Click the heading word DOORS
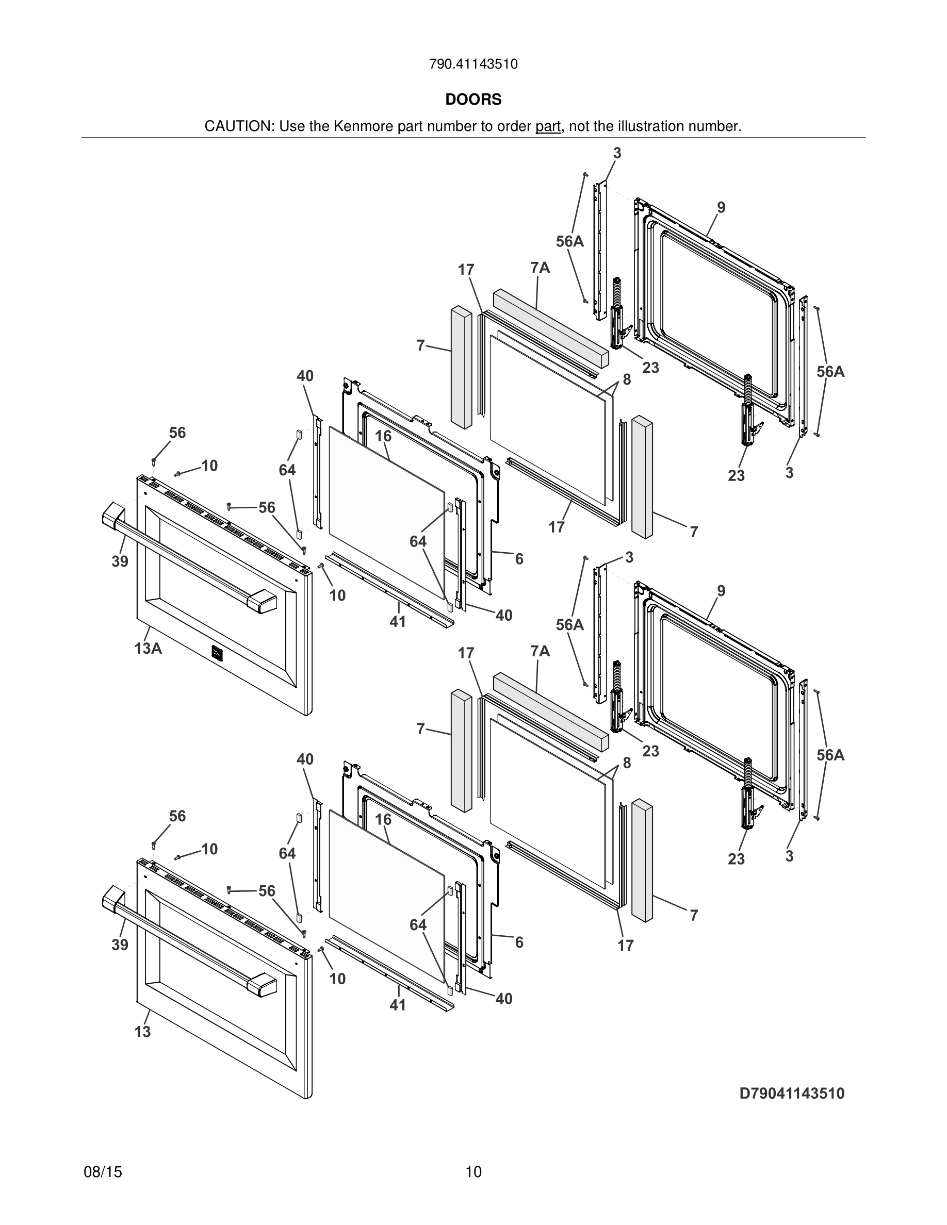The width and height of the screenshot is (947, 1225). (x=473, y=100)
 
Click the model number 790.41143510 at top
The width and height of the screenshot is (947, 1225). (x=473, y=64)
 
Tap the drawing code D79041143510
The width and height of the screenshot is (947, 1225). (x=792, y=1094)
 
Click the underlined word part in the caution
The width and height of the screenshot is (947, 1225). (x=548, y=127)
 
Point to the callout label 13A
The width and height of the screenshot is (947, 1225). (x=148, y=649)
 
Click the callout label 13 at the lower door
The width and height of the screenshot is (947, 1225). (x=142, y=1032)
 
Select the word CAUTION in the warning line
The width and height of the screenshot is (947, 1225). (x=238, y=127)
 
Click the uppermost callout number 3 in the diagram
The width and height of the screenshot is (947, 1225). (x=617, y=153)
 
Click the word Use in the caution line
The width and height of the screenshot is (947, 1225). (x=292, y=127)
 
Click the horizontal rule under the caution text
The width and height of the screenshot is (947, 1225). (x=473, y=138)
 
